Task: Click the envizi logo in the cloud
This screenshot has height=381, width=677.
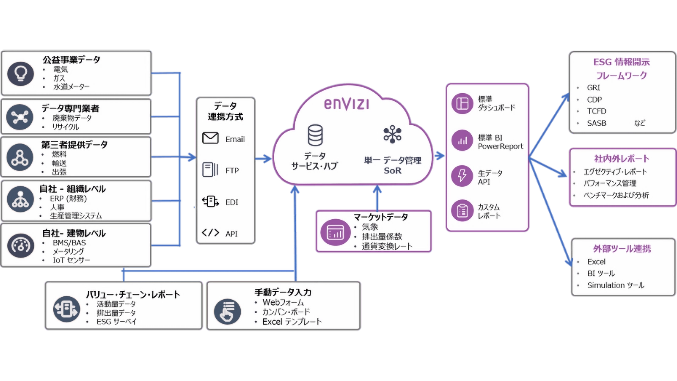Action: click(347, 104)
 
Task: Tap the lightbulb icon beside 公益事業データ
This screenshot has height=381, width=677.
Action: click(20, 74)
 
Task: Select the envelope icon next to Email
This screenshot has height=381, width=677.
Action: click(210, 138)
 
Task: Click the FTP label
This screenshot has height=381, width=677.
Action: click(232, 171)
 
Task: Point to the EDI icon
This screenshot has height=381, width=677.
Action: click(210, 201)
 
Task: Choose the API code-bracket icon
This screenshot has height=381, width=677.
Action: click(210, 233)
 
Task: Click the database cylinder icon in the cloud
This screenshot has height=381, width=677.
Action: click(315, 135)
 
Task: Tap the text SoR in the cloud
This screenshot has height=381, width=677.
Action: click(392, 171)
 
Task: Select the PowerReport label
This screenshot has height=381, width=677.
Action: click(501, 146)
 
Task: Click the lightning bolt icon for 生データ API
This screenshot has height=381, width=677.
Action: click(462, 176)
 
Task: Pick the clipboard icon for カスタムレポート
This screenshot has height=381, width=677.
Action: click(462, 210)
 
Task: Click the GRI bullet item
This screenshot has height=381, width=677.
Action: click(593, 88)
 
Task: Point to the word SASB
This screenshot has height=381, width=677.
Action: click(597, 123)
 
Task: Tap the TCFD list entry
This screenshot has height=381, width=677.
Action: click(597, 111)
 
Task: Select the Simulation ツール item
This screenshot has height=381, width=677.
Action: click(616, 285)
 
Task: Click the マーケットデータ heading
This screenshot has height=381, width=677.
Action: click(381, 217)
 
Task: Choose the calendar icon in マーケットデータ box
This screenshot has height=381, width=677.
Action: click(335, 232)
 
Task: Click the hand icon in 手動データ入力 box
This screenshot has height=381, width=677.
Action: click(227, 312)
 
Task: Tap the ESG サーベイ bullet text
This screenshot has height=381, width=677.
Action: click(117, 322)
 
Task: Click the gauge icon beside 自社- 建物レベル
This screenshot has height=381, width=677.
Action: click(20, 246)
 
